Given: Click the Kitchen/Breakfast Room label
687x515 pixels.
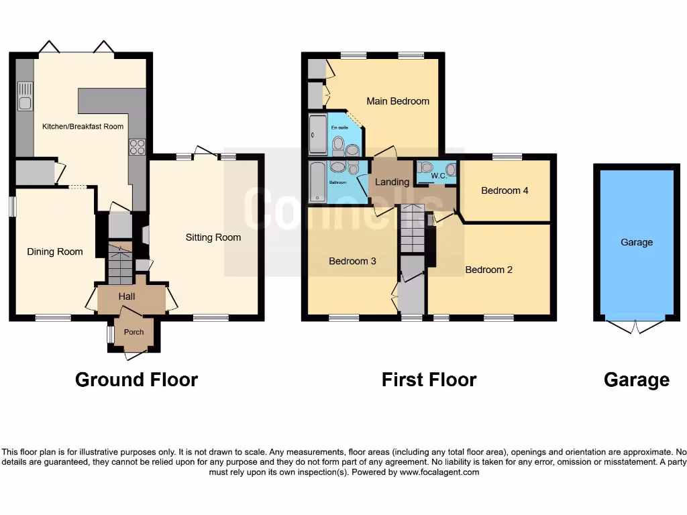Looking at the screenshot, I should [x=83, y=126].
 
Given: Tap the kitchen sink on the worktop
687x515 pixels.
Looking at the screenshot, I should [x=25, y=96].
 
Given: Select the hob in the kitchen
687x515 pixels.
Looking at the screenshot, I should [x=137, y=146].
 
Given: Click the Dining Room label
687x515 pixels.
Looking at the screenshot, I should [x=55, y=251].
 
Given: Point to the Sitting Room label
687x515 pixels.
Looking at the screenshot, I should [x=213, y=237].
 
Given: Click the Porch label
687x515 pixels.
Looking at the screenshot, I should [x=134, y=332].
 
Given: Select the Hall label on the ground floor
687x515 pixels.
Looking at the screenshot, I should [x=127, y=296].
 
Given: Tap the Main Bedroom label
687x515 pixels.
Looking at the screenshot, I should [x=398, y=101].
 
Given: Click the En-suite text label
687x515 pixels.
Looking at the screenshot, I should [x=339, y=126].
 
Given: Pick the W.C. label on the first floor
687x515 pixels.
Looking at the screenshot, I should [x=439, y=176].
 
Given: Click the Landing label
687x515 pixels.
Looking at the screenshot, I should [x=392, y=182].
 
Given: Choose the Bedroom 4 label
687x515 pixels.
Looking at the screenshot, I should [x=505, y=190].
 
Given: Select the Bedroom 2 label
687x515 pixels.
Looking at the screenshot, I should [x=489, y=270].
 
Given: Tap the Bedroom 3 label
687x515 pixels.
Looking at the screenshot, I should [x=352, y=261].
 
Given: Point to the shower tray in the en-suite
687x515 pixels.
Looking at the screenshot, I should [x=317, y=134].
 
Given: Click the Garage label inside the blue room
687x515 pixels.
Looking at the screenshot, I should [x=636, y=242].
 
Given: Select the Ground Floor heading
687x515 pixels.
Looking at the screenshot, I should [x=136, y=380].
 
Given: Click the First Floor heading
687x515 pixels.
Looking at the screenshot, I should [x=429, y=380].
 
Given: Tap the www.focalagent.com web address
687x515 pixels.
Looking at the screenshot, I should [x=439, y=472].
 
